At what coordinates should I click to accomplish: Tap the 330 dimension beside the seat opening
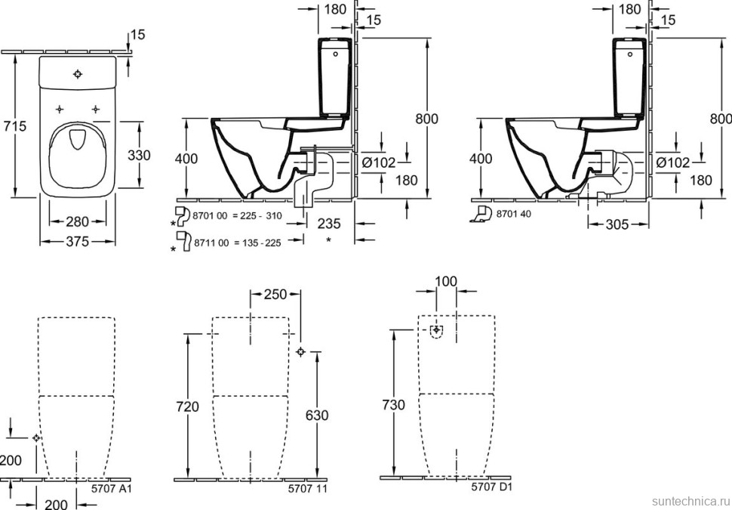tap(139, 156)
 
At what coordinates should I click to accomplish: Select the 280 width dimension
tap(76, 221)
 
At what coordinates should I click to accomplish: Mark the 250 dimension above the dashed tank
tap(275, 294)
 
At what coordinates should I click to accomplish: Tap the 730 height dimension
tap(392, 405)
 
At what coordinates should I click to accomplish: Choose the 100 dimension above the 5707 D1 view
tap(446, 281)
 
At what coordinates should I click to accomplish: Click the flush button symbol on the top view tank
tap(78, 74)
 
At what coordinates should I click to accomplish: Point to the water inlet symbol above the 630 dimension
tap(301, 351)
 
